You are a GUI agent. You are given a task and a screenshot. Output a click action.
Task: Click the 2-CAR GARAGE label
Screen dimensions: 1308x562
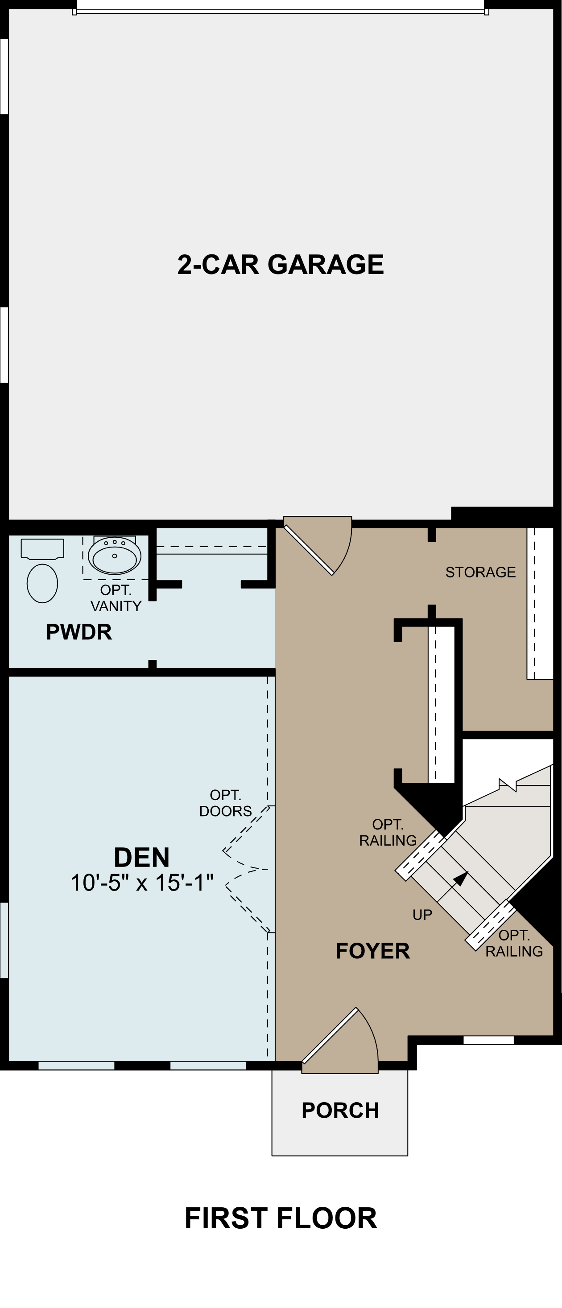[x=281, y=265]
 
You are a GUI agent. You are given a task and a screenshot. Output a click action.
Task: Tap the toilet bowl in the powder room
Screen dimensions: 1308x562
[x=42, y=584]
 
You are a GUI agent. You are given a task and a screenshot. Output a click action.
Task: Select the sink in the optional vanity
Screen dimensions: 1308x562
[x=114, y=556]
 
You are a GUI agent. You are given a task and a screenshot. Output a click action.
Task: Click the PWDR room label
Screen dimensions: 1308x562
[x=79, y=632]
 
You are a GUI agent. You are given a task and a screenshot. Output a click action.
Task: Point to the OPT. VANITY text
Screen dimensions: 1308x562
[x=116, y=598]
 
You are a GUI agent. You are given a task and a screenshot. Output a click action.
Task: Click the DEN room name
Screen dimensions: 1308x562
[x=141, y=858]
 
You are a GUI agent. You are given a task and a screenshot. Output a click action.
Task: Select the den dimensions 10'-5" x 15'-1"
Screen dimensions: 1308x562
[x=142, y=883]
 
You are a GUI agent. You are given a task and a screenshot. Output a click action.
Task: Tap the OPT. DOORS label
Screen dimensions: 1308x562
[x=225, y=803]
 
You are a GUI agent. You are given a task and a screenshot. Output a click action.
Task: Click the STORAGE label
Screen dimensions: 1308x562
[x=480, y=572]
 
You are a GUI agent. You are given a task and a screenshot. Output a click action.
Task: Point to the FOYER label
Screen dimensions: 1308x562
[x=372, y=951]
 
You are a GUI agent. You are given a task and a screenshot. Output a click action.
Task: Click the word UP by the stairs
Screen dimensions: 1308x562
[x=422, y=915]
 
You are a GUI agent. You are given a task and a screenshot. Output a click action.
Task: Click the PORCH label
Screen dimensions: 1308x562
[x=340, y=1111]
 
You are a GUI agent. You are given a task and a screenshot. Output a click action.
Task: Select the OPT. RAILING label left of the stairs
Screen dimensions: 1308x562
[x=388, y=832]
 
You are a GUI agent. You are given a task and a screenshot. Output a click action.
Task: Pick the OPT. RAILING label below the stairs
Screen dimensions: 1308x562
[x=514, y=943]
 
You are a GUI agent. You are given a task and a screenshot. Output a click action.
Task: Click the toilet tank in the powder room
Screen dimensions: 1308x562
[x=42, y=548]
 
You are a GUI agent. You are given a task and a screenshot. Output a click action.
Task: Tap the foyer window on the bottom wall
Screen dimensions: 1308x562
[x=488, y=1040]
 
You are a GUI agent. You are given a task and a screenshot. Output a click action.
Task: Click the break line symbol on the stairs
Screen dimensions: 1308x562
[x=508, y=785]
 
